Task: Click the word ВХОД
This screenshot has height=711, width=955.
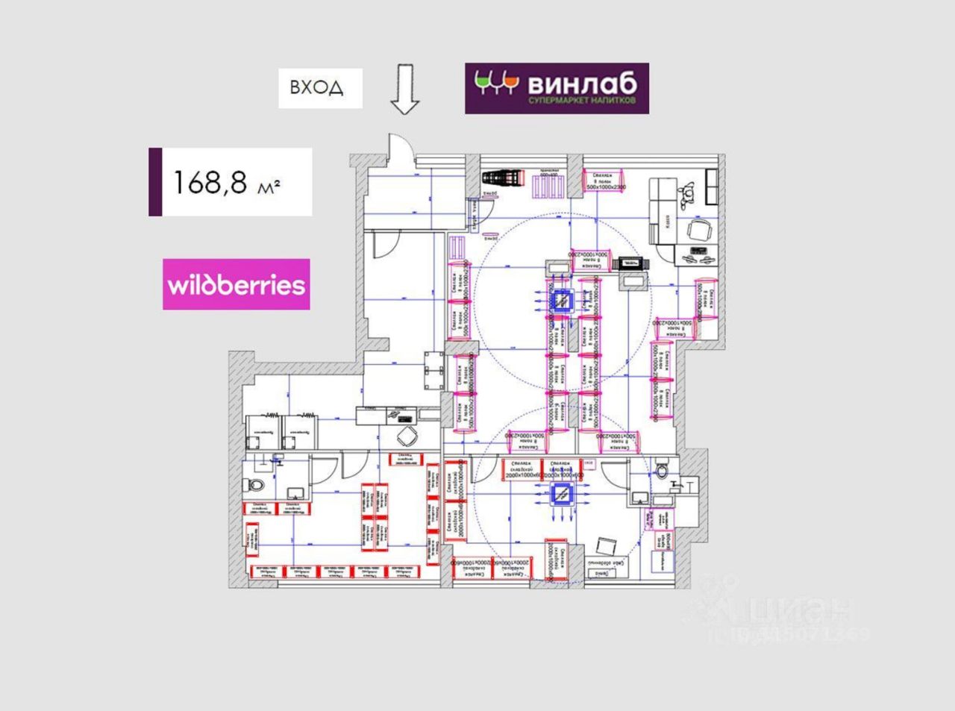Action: (x=317, y=88)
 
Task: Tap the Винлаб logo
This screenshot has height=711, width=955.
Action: (x=557, y=88)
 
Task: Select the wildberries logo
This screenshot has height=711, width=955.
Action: (x=237, y=284)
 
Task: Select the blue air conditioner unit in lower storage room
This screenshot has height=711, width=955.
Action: (x=561, y=493)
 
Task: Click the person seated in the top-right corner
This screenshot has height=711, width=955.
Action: (x=687, y=192)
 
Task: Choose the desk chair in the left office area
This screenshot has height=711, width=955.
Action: (x=406, y=436)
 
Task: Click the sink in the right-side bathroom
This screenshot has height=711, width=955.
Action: (x=641, y=497)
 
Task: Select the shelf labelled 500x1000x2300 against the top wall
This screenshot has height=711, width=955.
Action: (x=604, y=181)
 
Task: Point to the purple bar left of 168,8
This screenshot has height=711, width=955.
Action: (x=155, y=182)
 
